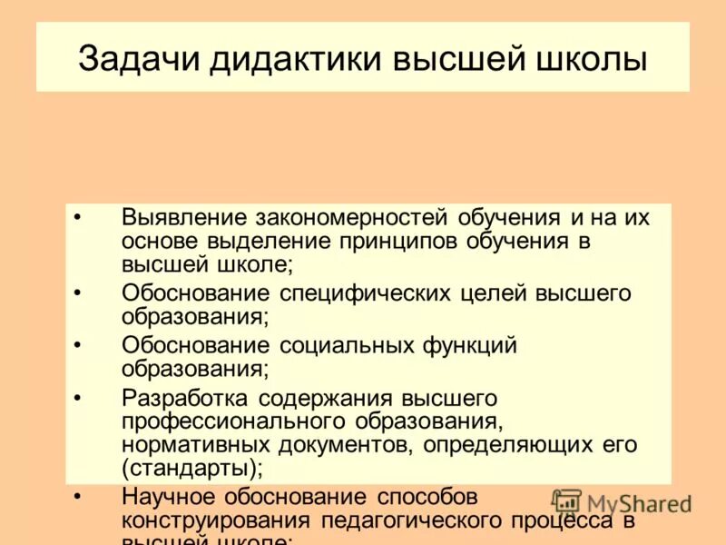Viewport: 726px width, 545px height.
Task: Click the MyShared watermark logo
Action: tap(621, 502)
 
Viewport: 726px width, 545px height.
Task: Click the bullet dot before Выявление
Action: tap(77, 218)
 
